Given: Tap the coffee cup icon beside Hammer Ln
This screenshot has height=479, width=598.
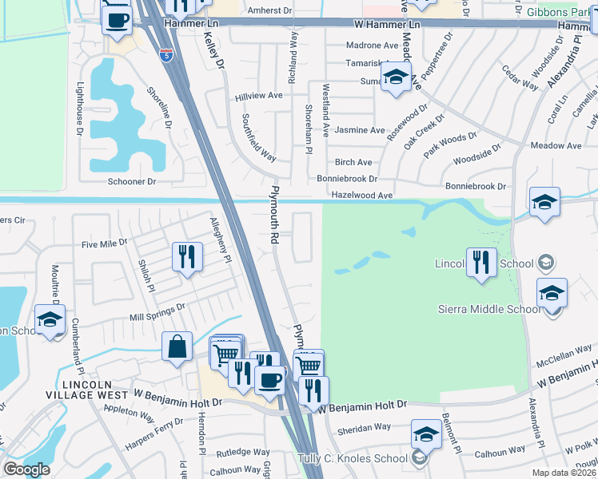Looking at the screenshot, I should [x=118, y=19].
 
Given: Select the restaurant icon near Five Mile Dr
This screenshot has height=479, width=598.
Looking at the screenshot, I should [x=186, y=257].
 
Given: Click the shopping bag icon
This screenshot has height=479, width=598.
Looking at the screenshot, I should [x=177, y=347].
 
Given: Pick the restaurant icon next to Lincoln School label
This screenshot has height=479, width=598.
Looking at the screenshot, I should [x=480, y=263].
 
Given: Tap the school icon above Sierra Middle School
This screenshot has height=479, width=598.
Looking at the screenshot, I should [x=552, y=293].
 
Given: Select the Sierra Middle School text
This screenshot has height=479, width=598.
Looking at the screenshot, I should [x=489, y=309].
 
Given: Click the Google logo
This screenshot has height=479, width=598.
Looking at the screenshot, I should [x=26, y=469].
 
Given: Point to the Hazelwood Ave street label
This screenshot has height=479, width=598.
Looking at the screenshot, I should [x=362, y=195].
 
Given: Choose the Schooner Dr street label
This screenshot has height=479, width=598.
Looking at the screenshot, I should [x=136, y=181].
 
